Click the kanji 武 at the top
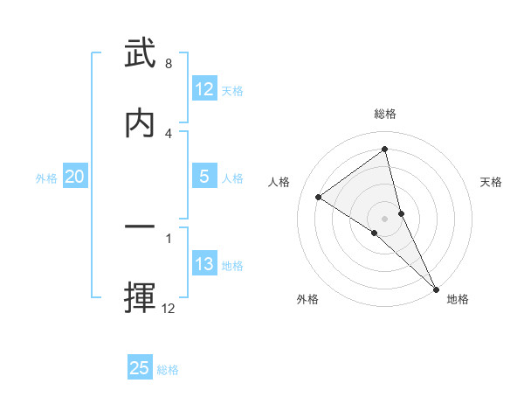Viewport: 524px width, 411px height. pos(141,55)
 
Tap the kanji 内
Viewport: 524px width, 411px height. pos(141,122)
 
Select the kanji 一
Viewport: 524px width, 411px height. pos(141,227)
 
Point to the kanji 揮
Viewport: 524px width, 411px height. pos(141,297)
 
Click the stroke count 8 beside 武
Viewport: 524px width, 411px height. pos(169,64)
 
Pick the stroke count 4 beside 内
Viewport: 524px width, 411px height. pos(169,133)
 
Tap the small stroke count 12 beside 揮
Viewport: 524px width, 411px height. pos(169,308)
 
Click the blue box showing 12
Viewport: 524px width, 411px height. pos(204,89)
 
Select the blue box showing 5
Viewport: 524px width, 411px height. pos(204,177)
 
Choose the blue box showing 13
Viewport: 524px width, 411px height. pos(204,264)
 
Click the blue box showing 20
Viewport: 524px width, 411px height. pos(75,177)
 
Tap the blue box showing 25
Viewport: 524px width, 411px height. pos(140,368)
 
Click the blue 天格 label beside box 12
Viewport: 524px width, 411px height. pos(232,90)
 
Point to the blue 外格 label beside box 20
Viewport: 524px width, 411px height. pos(46,178)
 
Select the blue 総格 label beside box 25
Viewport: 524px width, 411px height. pos(168,369)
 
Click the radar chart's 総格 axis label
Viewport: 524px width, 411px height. pos(385,114)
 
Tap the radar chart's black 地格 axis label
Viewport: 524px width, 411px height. pos(458,299)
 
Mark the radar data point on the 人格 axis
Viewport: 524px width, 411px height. pos(318,197)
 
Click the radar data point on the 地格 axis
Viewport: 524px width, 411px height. pos(436,289)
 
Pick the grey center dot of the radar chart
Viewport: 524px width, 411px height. pos(385,218)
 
